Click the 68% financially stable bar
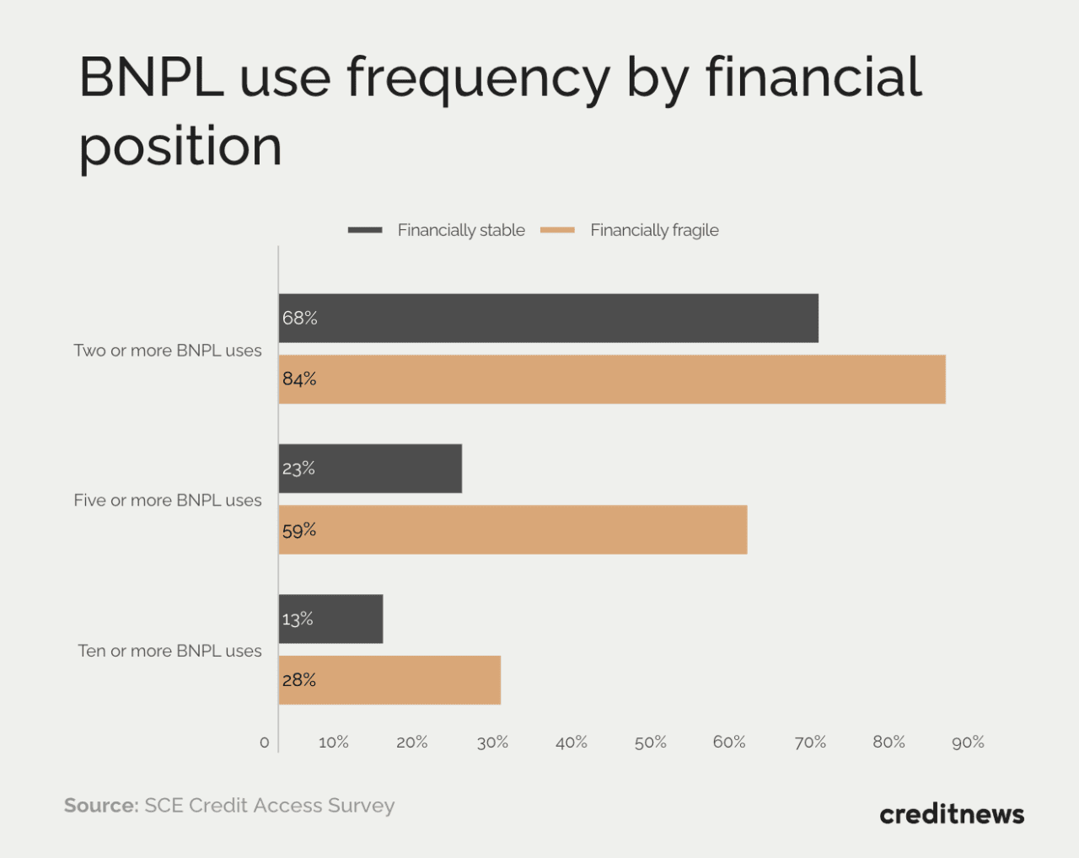[548, 319]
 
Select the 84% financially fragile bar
[612, 379]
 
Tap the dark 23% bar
[370, 469]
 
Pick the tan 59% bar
[513, 530]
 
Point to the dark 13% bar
[330, 619]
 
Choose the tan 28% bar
[389, 680]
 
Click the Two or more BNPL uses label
[168, 351]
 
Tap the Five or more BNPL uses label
[168, 501]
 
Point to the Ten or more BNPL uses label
[169, 652]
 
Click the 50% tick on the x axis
[650, 743]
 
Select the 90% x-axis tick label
[968, 743]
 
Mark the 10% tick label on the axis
[333, 743]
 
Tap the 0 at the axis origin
[265, 743]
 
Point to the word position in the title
[180, 147]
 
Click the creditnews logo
[952, 814]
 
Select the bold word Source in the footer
[100, 806]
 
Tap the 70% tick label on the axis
[809, 743]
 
